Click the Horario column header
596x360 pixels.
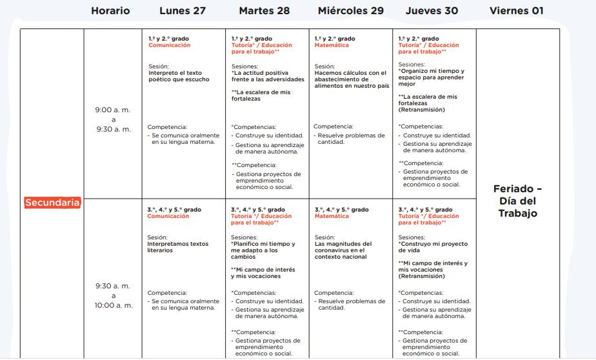click(110, 10)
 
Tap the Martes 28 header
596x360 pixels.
click(264, 10)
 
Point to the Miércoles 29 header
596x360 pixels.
click(350, 10)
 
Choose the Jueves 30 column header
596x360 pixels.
click(432, 10)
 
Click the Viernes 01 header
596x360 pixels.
click(517, 10)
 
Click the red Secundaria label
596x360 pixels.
click(53, 203)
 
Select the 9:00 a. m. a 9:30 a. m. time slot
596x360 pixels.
click(113, 119)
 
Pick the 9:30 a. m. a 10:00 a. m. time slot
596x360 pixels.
click(113, 295)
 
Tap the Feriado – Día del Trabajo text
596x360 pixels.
click(517, 201)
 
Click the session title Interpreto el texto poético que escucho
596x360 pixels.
click(175, 76)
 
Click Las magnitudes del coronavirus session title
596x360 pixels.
click(340, 250)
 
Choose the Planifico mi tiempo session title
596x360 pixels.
click(263, 250)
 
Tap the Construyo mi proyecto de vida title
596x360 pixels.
click(433, 247)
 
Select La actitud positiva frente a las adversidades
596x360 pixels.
click(268, 76)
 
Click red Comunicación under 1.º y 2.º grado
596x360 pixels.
click(169, 46)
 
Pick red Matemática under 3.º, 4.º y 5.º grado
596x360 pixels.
click(332, 216)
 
